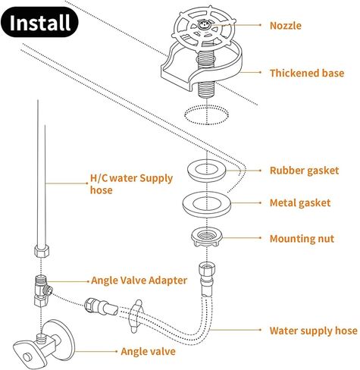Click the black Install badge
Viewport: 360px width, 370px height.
click(39, 22)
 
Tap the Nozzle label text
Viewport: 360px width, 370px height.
click(286, 26)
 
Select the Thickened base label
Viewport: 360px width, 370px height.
click(307, 73)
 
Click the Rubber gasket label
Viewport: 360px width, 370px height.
click(304, 171)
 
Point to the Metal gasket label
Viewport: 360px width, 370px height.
click(300, 203)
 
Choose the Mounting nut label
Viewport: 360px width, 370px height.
click(302, 239)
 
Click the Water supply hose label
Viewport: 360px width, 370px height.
click(314, 331)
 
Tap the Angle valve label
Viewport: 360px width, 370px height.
click(148, 352)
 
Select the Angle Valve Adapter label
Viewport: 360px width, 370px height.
click(139, 281)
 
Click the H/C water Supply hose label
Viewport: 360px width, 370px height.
click(131, 184)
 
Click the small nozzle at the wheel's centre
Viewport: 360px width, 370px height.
click(203, 25)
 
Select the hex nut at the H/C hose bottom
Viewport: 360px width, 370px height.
click(42, 250)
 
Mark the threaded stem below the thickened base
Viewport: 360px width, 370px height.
click(207, 89)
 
